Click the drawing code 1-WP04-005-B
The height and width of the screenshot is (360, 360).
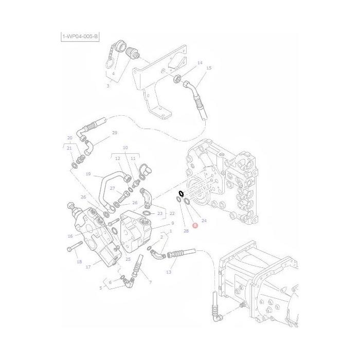(x=79, y=36)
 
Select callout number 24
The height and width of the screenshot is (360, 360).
(x=204, y=221)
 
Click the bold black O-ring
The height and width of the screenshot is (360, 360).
(x=181, y=194)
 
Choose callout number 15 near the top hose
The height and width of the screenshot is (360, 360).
(x=208, y=68)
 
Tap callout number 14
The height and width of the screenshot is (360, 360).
(x=200, y=63)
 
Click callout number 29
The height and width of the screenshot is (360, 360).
(x=114, y=133)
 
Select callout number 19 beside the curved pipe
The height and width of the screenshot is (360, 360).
(x=88, y=174)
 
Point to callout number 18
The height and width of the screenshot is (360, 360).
(x=79, y=262)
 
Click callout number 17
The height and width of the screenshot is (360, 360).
(x=88, y=266)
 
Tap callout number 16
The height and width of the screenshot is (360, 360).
(x=70, y=236)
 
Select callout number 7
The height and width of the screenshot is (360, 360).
(x=150, y=282)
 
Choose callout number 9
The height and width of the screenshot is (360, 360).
(x=173, y=223)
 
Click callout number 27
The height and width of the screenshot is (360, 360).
(x=112, y=189)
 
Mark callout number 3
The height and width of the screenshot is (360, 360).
(x=108, y=85)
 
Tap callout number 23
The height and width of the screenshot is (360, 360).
(x=159, y=213)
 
